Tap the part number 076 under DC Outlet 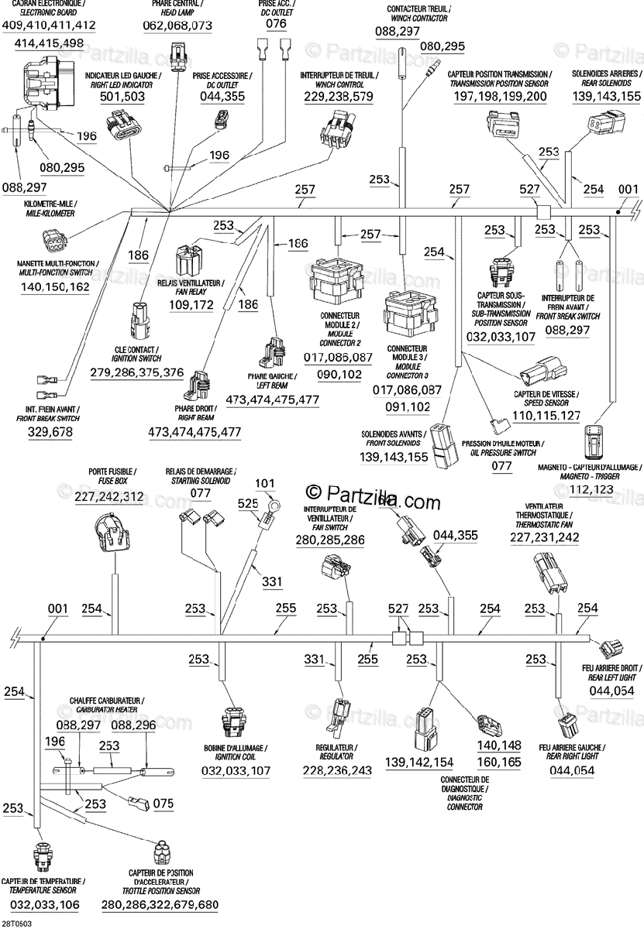(x=276, y=24)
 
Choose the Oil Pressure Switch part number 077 (x=501, y=466)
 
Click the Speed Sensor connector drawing (x=542, y=369)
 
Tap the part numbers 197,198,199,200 (x=500, y=97)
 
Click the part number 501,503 (x=122, y=97)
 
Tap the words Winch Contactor (x=419, y=19)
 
